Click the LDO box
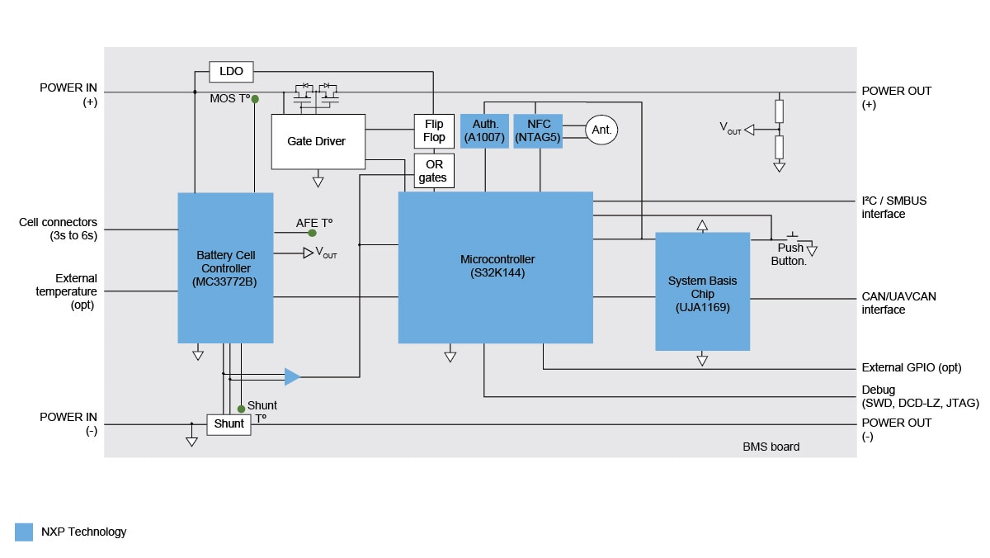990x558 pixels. [231, 72]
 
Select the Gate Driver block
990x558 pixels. [318, 141]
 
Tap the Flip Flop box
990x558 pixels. [433, 130]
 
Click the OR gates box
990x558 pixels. [433, 171]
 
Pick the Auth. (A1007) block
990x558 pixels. [484, 130]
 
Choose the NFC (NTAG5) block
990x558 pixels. [538, 130]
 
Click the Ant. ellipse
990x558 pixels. [601, 130]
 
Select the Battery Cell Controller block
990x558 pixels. [225, 267]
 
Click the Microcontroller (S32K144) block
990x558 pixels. [495, 267]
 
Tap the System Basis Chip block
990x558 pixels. [702, 291]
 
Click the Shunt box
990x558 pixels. [229, 423]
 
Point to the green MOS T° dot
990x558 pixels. [255, 99]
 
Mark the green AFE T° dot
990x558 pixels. [313, 233]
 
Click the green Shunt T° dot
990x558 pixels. [241, 409]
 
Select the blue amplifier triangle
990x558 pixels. [292, 376]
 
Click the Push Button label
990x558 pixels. [790, 254]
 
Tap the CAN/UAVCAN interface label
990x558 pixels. [898, 303]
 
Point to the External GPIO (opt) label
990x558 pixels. [911, 368]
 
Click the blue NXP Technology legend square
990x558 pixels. [24, 532]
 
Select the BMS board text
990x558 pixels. [771, 447]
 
